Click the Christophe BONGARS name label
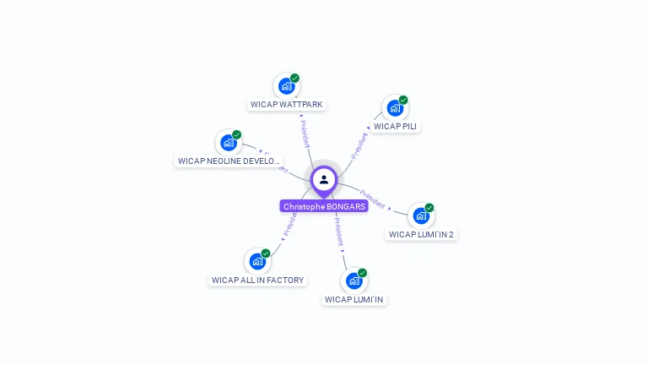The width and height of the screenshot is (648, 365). [324, 206]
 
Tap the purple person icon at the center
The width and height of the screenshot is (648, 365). [324, 179]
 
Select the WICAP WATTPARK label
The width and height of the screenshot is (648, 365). [287, 105]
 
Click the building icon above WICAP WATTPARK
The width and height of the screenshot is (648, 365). [287, 86]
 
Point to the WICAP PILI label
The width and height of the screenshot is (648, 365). [395, 127]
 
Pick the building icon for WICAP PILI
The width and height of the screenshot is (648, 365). [395, 108]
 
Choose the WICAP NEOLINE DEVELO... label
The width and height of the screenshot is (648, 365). [229, 161]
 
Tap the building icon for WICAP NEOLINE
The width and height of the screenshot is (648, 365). [229, 142]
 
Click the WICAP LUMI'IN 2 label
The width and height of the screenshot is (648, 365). [421, 234]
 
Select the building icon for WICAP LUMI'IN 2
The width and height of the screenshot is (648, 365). [421, 215]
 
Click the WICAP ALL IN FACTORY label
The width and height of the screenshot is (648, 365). [257, 280]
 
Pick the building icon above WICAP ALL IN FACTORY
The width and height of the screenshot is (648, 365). [257, 261]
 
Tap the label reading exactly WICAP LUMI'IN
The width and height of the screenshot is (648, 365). [354, 299]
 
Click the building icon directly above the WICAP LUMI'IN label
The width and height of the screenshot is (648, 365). [354, 281]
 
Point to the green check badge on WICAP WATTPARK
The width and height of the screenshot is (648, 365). [294, 78]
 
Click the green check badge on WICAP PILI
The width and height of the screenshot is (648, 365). [403, 100]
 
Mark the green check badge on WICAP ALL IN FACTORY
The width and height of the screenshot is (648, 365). [266, 253]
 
